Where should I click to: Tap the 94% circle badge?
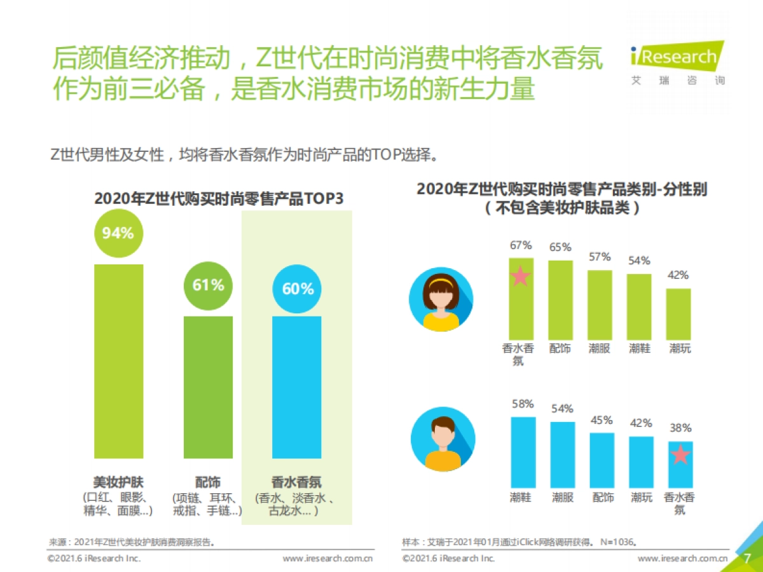[118, 233]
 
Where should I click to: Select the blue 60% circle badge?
[297, 289]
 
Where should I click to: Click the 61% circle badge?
[208, 285]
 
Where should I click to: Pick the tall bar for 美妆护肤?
[118, 361]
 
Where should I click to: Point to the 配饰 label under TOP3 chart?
[208, 482]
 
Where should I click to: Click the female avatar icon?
[441, 299]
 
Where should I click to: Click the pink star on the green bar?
[521, 276]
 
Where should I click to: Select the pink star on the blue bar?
[680, 454]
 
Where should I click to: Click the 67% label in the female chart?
[521, 245]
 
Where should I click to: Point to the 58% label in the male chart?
[522, 404]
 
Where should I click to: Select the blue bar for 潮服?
[562, 454]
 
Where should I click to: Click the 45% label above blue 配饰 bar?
[601, 420]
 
